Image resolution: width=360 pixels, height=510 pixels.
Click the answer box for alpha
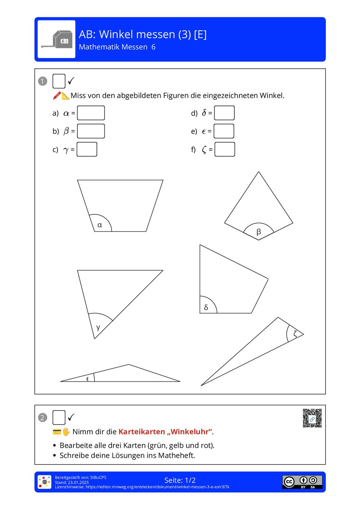91,113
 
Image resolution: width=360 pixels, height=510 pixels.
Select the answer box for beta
91,131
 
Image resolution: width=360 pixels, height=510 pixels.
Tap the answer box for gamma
87,149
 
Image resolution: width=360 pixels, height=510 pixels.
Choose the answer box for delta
224,113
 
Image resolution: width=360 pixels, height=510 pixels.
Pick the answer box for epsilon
224,131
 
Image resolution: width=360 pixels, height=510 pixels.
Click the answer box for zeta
225,149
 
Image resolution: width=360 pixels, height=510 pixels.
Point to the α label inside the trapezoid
100,225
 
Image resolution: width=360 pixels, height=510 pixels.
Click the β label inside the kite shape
258,232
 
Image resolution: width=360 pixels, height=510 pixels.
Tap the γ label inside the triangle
98,327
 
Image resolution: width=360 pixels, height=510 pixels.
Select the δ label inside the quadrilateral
206,307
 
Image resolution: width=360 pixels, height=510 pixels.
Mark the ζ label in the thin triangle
295,334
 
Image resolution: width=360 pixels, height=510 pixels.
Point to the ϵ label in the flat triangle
87,379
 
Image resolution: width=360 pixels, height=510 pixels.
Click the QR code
312,418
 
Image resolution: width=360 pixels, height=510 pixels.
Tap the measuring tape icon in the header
57,39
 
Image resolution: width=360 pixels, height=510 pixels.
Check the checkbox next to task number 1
59,81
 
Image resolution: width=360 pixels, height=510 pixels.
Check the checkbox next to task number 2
59,417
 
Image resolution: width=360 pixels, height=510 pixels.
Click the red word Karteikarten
141,431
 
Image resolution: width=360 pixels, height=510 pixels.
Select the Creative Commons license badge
302,482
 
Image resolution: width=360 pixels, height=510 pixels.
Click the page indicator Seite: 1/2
180,480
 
